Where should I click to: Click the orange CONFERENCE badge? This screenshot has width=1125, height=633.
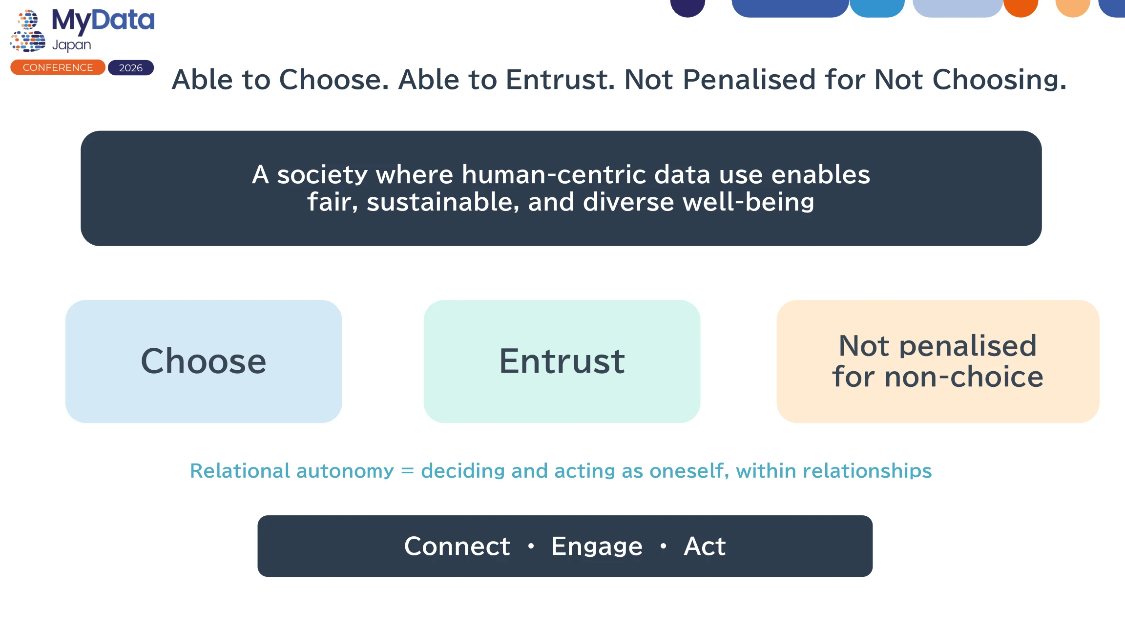coord(58,67)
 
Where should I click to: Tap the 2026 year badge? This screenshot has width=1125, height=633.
coord(131,68)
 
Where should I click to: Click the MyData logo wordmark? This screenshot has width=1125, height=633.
coord(103,21)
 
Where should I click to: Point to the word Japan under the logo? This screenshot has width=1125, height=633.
coord(71,45)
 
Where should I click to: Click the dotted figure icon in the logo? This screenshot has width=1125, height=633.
coord(28,31)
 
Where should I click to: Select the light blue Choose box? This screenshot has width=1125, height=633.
coord(204,361)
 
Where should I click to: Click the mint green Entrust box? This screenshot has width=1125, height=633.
coord(562,361)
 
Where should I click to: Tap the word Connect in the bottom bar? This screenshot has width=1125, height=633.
coord(457,546)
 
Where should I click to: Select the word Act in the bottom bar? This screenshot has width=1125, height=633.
coord(705,546)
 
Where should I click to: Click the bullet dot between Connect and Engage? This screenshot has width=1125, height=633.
coord(531,546)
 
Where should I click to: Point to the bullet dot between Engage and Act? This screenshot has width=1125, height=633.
coord(663,546)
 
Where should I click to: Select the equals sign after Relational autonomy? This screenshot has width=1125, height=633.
coord(407,471)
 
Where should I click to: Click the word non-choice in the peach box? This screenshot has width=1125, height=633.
coord(964,377)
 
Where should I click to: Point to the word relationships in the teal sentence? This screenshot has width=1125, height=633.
coord(867,471)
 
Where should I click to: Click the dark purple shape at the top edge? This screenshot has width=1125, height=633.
coord(687,7)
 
